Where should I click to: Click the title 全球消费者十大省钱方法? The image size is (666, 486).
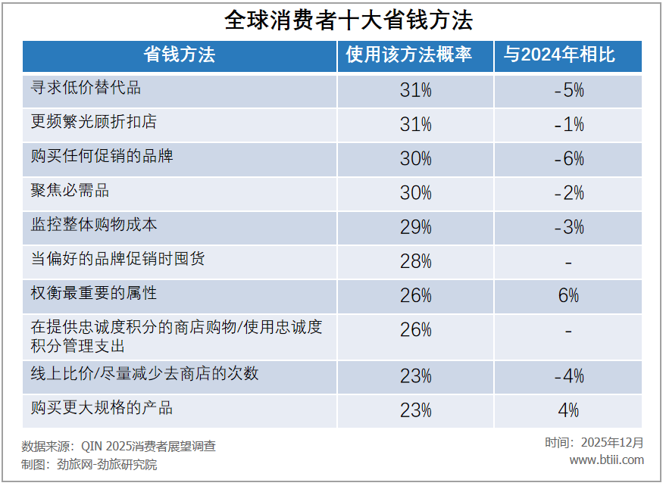click(x=333, y=20)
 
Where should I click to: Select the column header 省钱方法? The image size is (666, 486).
click(x=180, y=55)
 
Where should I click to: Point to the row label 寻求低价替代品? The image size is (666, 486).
click(x=86, y=88)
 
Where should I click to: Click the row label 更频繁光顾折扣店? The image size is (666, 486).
click(x=94, y=122)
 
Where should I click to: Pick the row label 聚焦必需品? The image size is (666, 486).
click(x=70, y=190)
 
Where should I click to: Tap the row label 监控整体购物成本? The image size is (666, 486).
click(x=94, y=225)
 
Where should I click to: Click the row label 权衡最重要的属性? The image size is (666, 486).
click(x=94, y=293)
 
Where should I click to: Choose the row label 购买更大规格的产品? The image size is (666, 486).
click(x=102, y=408)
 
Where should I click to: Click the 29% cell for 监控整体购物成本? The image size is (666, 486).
click(x=415, y=227)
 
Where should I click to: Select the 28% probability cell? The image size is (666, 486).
click(x=415, y=262)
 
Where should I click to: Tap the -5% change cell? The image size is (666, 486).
click(x=568, y=90)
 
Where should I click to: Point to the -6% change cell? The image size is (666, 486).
click(x=568, y=158)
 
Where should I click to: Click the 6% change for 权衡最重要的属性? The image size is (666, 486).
click(x=568, y=296)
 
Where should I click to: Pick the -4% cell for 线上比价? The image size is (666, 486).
click(x=568, y=376)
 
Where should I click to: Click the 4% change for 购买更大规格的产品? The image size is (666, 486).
click(x=568, y=410)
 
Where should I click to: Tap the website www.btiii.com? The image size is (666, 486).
click(x=606, y=460)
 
